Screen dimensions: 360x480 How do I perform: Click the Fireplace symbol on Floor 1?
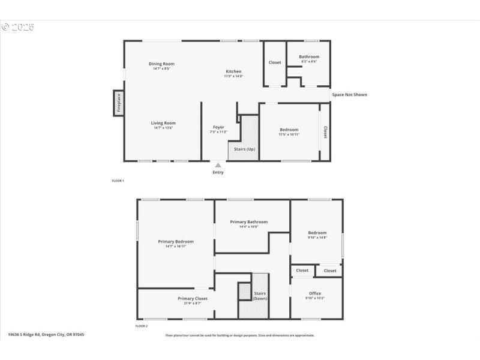click(119, 103)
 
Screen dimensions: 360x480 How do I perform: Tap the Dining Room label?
click(161, 64)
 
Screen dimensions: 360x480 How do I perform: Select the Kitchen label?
click(233, 71)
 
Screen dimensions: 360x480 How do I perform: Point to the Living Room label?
click(163, 123)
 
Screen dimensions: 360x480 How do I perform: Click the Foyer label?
click(218, 127)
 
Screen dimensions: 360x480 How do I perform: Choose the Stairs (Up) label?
click(244, 149)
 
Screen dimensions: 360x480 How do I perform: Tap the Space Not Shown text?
click(349, 95)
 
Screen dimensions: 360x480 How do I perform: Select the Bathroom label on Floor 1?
click(309, 57)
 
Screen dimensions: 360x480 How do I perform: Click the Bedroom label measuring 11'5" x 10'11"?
click(289, 130)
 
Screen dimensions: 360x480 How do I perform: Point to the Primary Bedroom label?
click(175, 242)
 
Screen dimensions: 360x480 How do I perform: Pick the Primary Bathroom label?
click(248, 222)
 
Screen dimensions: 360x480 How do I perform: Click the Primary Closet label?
click(192, 298)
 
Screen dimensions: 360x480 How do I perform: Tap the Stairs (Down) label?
click(260, 296)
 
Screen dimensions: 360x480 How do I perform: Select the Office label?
click(315, 293)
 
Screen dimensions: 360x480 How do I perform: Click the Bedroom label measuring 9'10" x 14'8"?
click(317, 233)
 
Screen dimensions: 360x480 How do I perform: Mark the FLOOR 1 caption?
click(118, 181)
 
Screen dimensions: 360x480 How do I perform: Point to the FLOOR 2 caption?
click(141, 326)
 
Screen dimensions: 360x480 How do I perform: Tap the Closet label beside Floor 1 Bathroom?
click(275, 62)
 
